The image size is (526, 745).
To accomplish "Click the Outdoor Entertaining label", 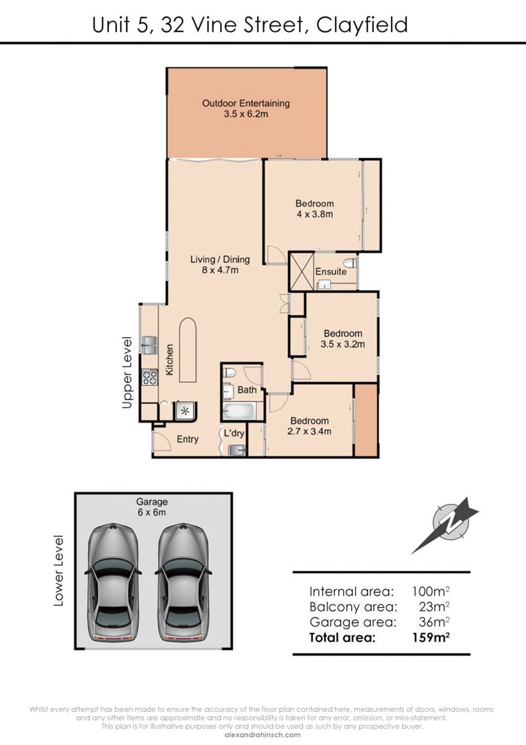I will click(x=246, y=103).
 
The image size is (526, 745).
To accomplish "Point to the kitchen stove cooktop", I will click(x=149, y=378).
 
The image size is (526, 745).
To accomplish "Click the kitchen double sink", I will click(x=149, y=345).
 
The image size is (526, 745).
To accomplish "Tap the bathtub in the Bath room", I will click(x=239, y=411).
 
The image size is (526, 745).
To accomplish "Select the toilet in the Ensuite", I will click(x=350, y=263).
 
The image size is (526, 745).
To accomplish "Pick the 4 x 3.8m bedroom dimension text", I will click(x=315, y=214).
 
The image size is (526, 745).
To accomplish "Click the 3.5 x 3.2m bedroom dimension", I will click(x=342, y=344).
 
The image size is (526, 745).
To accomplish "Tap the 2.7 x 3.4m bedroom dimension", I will click(x=309, y=431).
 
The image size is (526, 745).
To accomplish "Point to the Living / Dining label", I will click(x=220, y=259).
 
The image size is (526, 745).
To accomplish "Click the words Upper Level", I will click(x=127, y=372).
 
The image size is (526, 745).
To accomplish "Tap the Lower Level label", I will click(x=58, y=571).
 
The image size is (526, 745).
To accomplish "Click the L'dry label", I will click(x=234, y=433).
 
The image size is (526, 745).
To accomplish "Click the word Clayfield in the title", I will click(x=362, y=25).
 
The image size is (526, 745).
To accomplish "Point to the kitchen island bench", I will click(x=188, y=350).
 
